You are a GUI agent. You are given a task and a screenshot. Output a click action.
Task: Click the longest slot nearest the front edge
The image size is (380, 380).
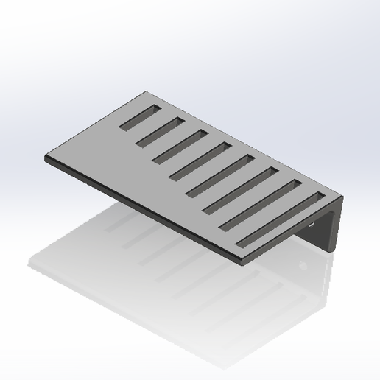pos(280,220)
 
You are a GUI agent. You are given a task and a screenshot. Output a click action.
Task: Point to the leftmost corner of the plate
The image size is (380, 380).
pos(46,157)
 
